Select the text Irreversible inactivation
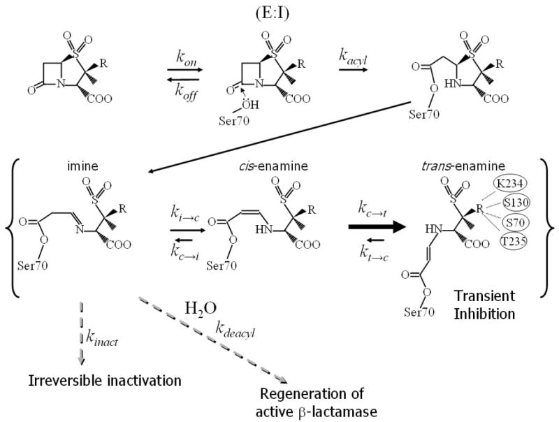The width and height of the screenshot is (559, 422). [106, 380]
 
